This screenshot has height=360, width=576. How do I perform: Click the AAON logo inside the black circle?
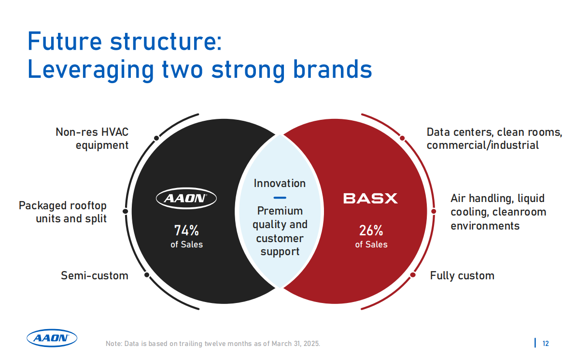(186, 198)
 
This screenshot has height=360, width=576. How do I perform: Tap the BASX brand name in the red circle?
(370, 199)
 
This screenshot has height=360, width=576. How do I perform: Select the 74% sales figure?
(187, 230)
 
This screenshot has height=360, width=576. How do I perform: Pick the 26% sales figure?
(371, 230)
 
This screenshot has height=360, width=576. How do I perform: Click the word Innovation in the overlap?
(280, 183)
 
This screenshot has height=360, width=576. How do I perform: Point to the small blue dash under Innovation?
(280, 198)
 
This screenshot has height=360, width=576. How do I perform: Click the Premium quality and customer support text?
(280, 231)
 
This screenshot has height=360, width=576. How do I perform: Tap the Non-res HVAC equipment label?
(92, 138)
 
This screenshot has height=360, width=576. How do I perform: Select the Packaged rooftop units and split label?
(63, 212)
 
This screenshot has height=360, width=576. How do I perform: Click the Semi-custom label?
(95, 275)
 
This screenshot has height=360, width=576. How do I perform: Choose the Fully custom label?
(462, 275)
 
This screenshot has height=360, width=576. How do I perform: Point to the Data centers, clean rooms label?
(494, 138)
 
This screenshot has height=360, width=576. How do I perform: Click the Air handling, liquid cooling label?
(498, 212)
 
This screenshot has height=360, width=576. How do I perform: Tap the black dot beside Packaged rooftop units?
(125, 211)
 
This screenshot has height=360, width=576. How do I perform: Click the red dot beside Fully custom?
(413, 274)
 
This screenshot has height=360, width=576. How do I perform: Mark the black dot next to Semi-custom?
(147, 274)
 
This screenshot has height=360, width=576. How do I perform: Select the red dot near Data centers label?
(402, 138)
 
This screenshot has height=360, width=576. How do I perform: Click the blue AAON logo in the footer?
(52, 338)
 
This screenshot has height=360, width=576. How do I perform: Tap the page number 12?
(546, 344)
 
